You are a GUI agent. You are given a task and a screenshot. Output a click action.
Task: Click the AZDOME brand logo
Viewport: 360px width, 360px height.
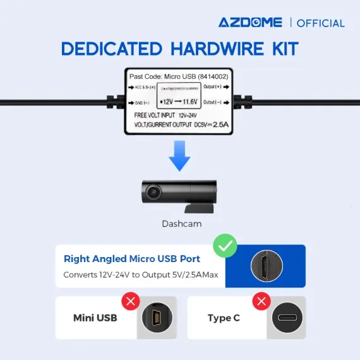coord(251,23)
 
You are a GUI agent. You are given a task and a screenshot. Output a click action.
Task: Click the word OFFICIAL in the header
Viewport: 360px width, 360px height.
coord(321,23)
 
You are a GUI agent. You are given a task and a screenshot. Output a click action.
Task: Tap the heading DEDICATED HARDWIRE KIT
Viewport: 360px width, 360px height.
coord(180,49)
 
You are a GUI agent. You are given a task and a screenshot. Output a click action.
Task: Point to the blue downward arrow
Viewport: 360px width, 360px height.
coord(180,157)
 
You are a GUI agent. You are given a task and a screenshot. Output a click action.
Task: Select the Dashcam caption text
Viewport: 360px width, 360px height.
coord(180,223)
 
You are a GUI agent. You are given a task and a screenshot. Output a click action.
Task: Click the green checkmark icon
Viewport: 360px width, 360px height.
coord(225,246)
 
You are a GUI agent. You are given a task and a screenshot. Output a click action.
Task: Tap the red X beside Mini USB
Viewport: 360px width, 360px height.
coord(130,301)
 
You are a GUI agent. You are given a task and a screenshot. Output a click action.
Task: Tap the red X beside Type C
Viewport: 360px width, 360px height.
coord(261,301)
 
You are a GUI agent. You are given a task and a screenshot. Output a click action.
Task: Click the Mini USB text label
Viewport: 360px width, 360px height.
coord(95,318)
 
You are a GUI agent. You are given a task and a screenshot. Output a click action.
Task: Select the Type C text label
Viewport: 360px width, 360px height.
coord(224,318)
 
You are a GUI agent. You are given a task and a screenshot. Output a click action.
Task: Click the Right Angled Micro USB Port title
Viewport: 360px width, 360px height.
coord(132,259)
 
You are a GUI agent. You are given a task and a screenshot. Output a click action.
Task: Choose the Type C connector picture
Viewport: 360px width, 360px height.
coord(287,318)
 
